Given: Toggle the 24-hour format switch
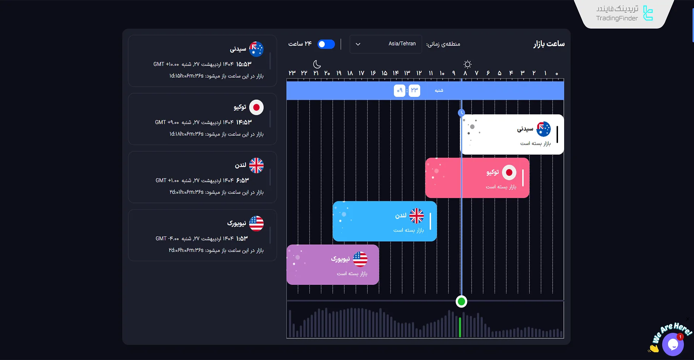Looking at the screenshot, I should click(x=326, y=44).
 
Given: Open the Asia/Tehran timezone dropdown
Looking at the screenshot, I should click(x=386, y=44).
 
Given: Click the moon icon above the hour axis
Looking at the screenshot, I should click(x=317, y=64).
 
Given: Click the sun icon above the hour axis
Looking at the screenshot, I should click(x=467, y=64).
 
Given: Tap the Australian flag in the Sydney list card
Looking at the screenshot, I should click(x=256, y=49).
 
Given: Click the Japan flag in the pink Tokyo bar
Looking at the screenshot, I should click(x=509, y=173).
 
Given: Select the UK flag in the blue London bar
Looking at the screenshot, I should click(x=416, y=216).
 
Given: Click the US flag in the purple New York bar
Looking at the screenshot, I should click(x=360, y=259).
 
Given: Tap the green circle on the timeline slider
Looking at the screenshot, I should click(x=461, y=301).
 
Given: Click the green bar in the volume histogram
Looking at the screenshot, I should click(x=460, y=327).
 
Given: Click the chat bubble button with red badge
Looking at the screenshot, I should click(x=673, y=344).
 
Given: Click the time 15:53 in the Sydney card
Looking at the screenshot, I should click(x=243, y=64).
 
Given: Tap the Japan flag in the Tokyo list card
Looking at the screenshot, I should click(x=256, y=107).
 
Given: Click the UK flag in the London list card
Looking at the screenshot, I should click(x=256, y=166).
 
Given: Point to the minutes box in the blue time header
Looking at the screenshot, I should click(x=414, y=90).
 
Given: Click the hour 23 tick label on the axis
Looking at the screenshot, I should click(x=292, y=73).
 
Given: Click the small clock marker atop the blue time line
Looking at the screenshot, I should click(x=461, y=113).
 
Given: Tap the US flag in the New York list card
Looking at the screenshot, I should click(x=256, y=224).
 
